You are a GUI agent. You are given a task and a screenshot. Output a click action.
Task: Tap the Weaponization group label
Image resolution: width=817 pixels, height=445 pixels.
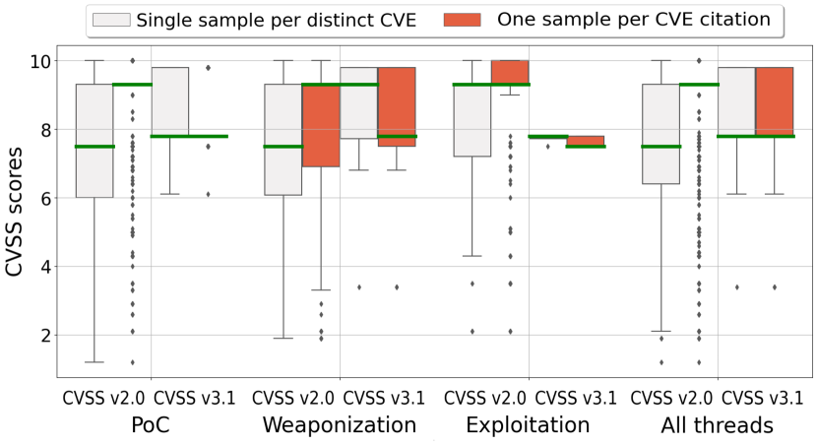pos(340,425)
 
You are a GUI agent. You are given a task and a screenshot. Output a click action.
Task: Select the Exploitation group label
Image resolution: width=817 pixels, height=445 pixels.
pos(528,425)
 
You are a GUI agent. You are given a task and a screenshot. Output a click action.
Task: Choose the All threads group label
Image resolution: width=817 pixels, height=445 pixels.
pos(717,425)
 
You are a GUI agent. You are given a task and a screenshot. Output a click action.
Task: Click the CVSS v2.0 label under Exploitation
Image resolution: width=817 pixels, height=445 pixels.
pos(481,398)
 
